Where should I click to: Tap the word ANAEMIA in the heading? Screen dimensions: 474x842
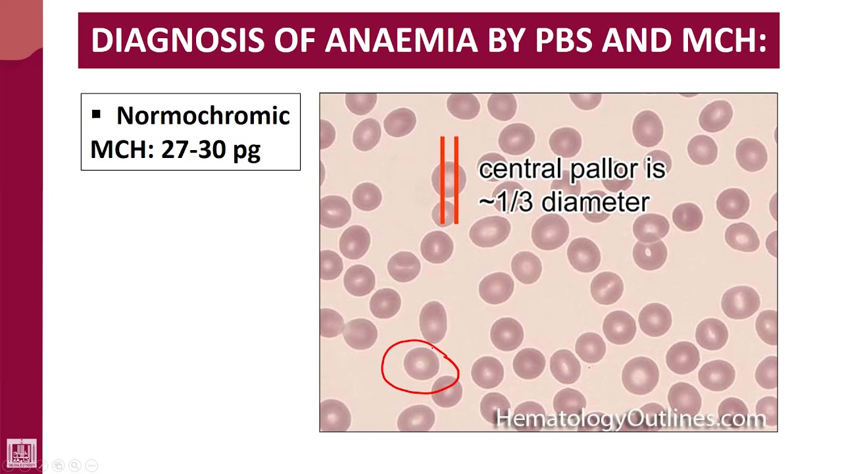click(x=401, y=40)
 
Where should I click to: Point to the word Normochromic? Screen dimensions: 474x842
click(x=203, y=116)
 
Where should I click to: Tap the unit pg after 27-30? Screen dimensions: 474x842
click(x=247, y=151)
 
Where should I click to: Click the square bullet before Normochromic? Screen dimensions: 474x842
click(x=97, y=115)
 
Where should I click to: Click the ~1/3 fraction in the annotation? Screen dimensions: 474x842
click(x=506, y=201)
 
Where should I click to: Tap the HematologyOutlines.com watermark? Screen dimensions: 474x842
click(x=630, y=418)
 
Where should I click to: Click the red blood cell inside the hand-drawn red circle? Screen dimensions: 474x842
click(x=420, y=363)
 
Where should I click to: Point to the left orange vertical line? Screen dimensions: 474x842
click(x=443, y=180)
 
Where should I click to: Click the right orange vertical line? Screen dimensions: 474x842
click(x=456, y=180)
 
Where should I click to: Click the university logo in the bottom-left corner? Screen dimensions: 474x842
click(x=21, y=453)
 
